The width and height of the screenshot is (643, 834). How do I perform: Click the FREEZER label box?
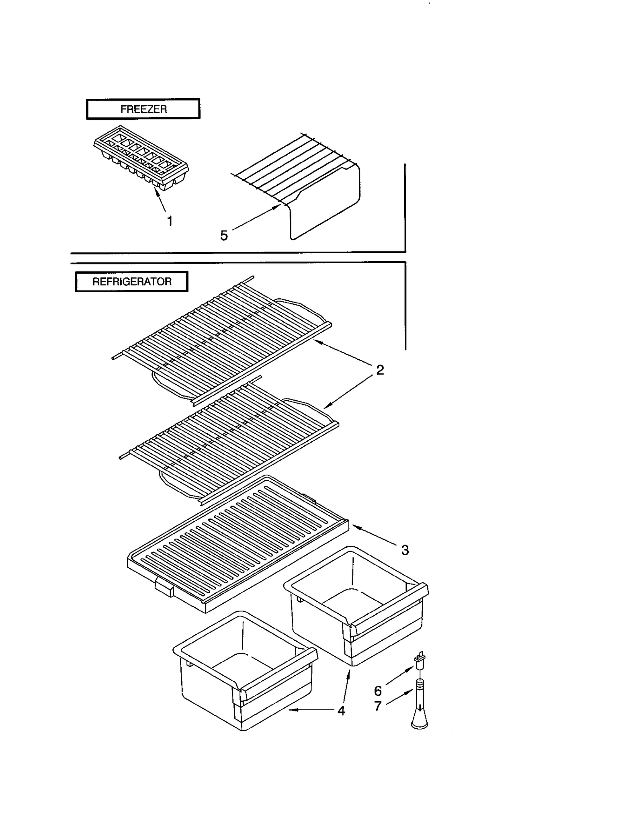[x=143, y=109]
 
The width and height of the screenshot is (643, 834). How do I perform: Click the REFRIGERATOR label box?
[x=131, y=281]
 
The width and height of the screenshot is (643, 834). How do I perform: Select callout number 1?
[x=170, y=221]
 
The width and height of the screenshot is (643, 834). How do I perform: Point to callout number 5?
[x=224, y=236]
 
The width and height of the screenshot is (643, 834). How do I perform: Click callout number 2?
[x=380, y=370]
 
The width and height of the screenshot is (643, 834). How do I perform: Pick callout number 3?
[x=405, y=550]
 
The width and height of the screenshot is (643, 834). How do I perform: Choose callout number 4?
[x=341, y=711]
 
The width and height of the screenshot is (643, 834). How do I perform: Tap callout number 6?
[x=378, y=691]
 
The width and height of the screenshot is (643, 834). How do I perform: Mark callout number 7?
[x=378, y=706]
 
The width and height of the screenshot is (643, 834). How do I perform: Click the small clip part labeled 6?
[x=420, y=658]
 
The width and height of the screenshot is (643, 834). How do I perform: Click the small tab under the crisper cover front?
[x=164, y=589]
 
